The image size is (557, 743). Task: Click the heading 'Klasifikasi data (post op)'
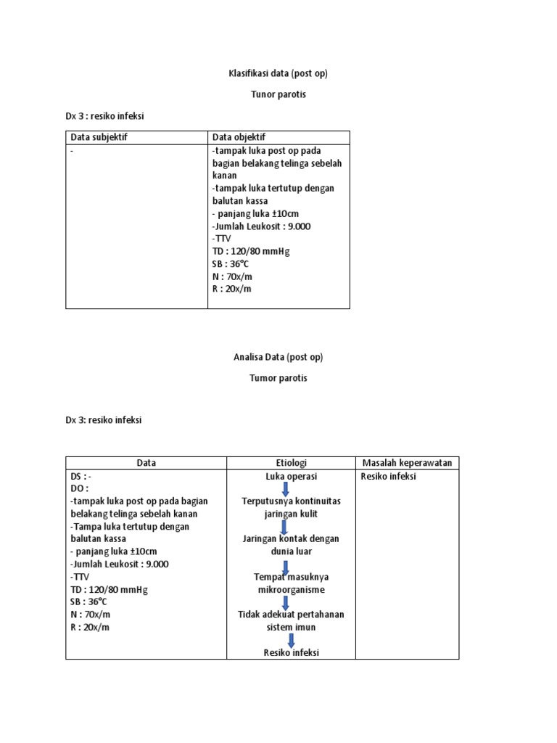pyautogui.click(x=278, y=74)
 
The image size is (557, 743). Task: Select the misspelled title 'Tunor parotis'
pyautogui.click(x=278, y=95)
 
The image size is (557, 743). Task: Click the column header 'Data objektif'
pyautogui.click(x=239, y=137)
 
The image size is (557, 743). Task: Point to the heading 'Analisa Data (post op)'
pyautogui.click(x=278, y=357)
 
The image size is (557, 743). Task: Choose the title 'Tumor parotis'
pyautogui.click(x=278, y=378)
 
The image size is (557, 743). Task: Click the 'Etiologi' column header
pyautogui.click(x=291, y=463)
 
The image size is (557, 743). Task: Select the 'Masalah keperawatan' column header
pyautogui.click(x=407, y=463)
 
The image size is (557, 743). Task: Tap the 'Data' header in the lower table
pyautogui.click(x=146, y=463)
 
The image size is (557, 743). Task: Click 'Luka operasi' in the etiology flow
pyautogui.click(x=291, y=477)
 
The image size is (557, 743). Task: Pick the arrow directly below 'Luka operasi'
pyautogui.click(x=286, y=489)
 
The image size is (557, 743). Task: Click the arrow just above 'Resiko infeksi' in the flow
pyautogui.click(x=291, y=641)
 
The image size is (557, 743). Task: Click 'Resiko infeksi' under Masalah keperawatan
pyautogui.click(x=389, y=477)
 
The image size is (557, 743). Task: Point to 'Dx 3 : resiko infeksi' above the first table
pyautogui.click(x=109, y=116)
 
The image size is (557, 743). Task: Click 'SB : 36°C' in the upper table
pyautogui.click(x=231, y=263)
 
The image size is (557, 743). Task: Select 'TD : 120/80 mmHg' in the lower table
pyautogui.click(x=109, y=590)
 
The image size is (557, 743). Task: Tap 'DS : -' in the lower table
pyautogui.click(x=81, y=477)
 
